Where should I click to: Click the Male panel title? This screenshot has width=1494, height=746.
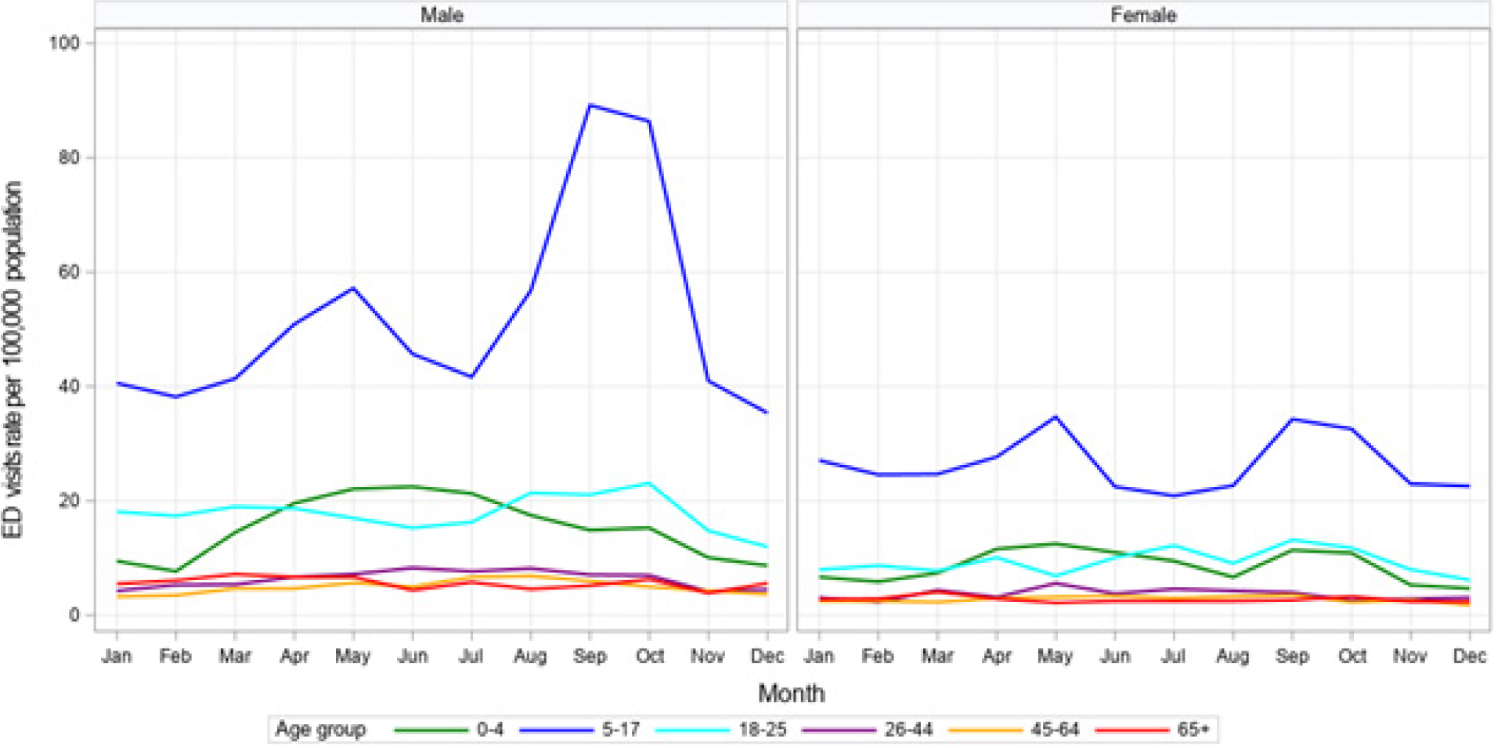[442, 15]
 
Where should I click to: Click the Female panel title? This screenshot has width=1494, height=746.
[1143, 15]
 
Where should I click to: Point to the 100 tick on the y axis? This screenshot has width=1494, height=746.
[64, 43]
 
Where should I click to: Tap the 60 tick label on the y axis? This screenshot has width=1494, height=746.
[69, 272]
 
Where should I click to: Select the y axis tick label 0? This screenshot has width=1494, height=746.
[74, 615]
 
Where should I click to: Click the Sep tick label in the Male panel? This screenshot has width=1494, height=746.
[590, 656]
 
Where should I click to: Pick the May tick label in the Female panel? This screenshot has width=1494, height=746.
[1055, 656]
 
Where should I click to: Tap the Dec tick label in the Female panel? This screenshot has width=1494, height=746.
[1469, 656]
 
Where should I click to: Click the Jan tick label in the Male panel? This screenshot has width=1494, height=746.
[117, 656]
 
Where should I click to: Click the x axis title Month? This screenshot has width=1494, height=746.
[791, 694]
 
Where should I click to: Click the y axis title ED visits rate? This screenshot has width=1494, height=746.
[13, 360]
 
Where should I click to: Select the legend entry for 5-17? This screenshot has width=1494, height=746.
[620, 730]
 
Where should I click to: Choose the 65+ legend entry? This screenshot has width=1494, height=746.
[1193, 730]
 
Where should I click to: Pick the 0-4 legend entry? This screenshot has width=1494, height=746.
[489, 730]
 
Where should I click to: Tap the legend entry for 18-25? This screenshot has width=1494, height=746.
[762, 730]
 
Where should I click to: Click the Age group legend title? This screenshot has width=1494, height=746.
[320, 730]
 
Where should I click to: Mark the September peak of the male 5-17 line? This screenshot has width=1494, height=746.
[590, 105]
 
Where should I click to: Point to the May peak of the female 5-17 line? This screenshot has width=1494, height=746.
[1056, 417]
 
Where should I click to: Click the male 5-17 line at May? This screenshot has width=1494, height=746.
[353, 288]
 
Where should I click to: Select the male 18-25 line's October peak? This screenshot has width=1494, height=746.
[649, 483]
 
